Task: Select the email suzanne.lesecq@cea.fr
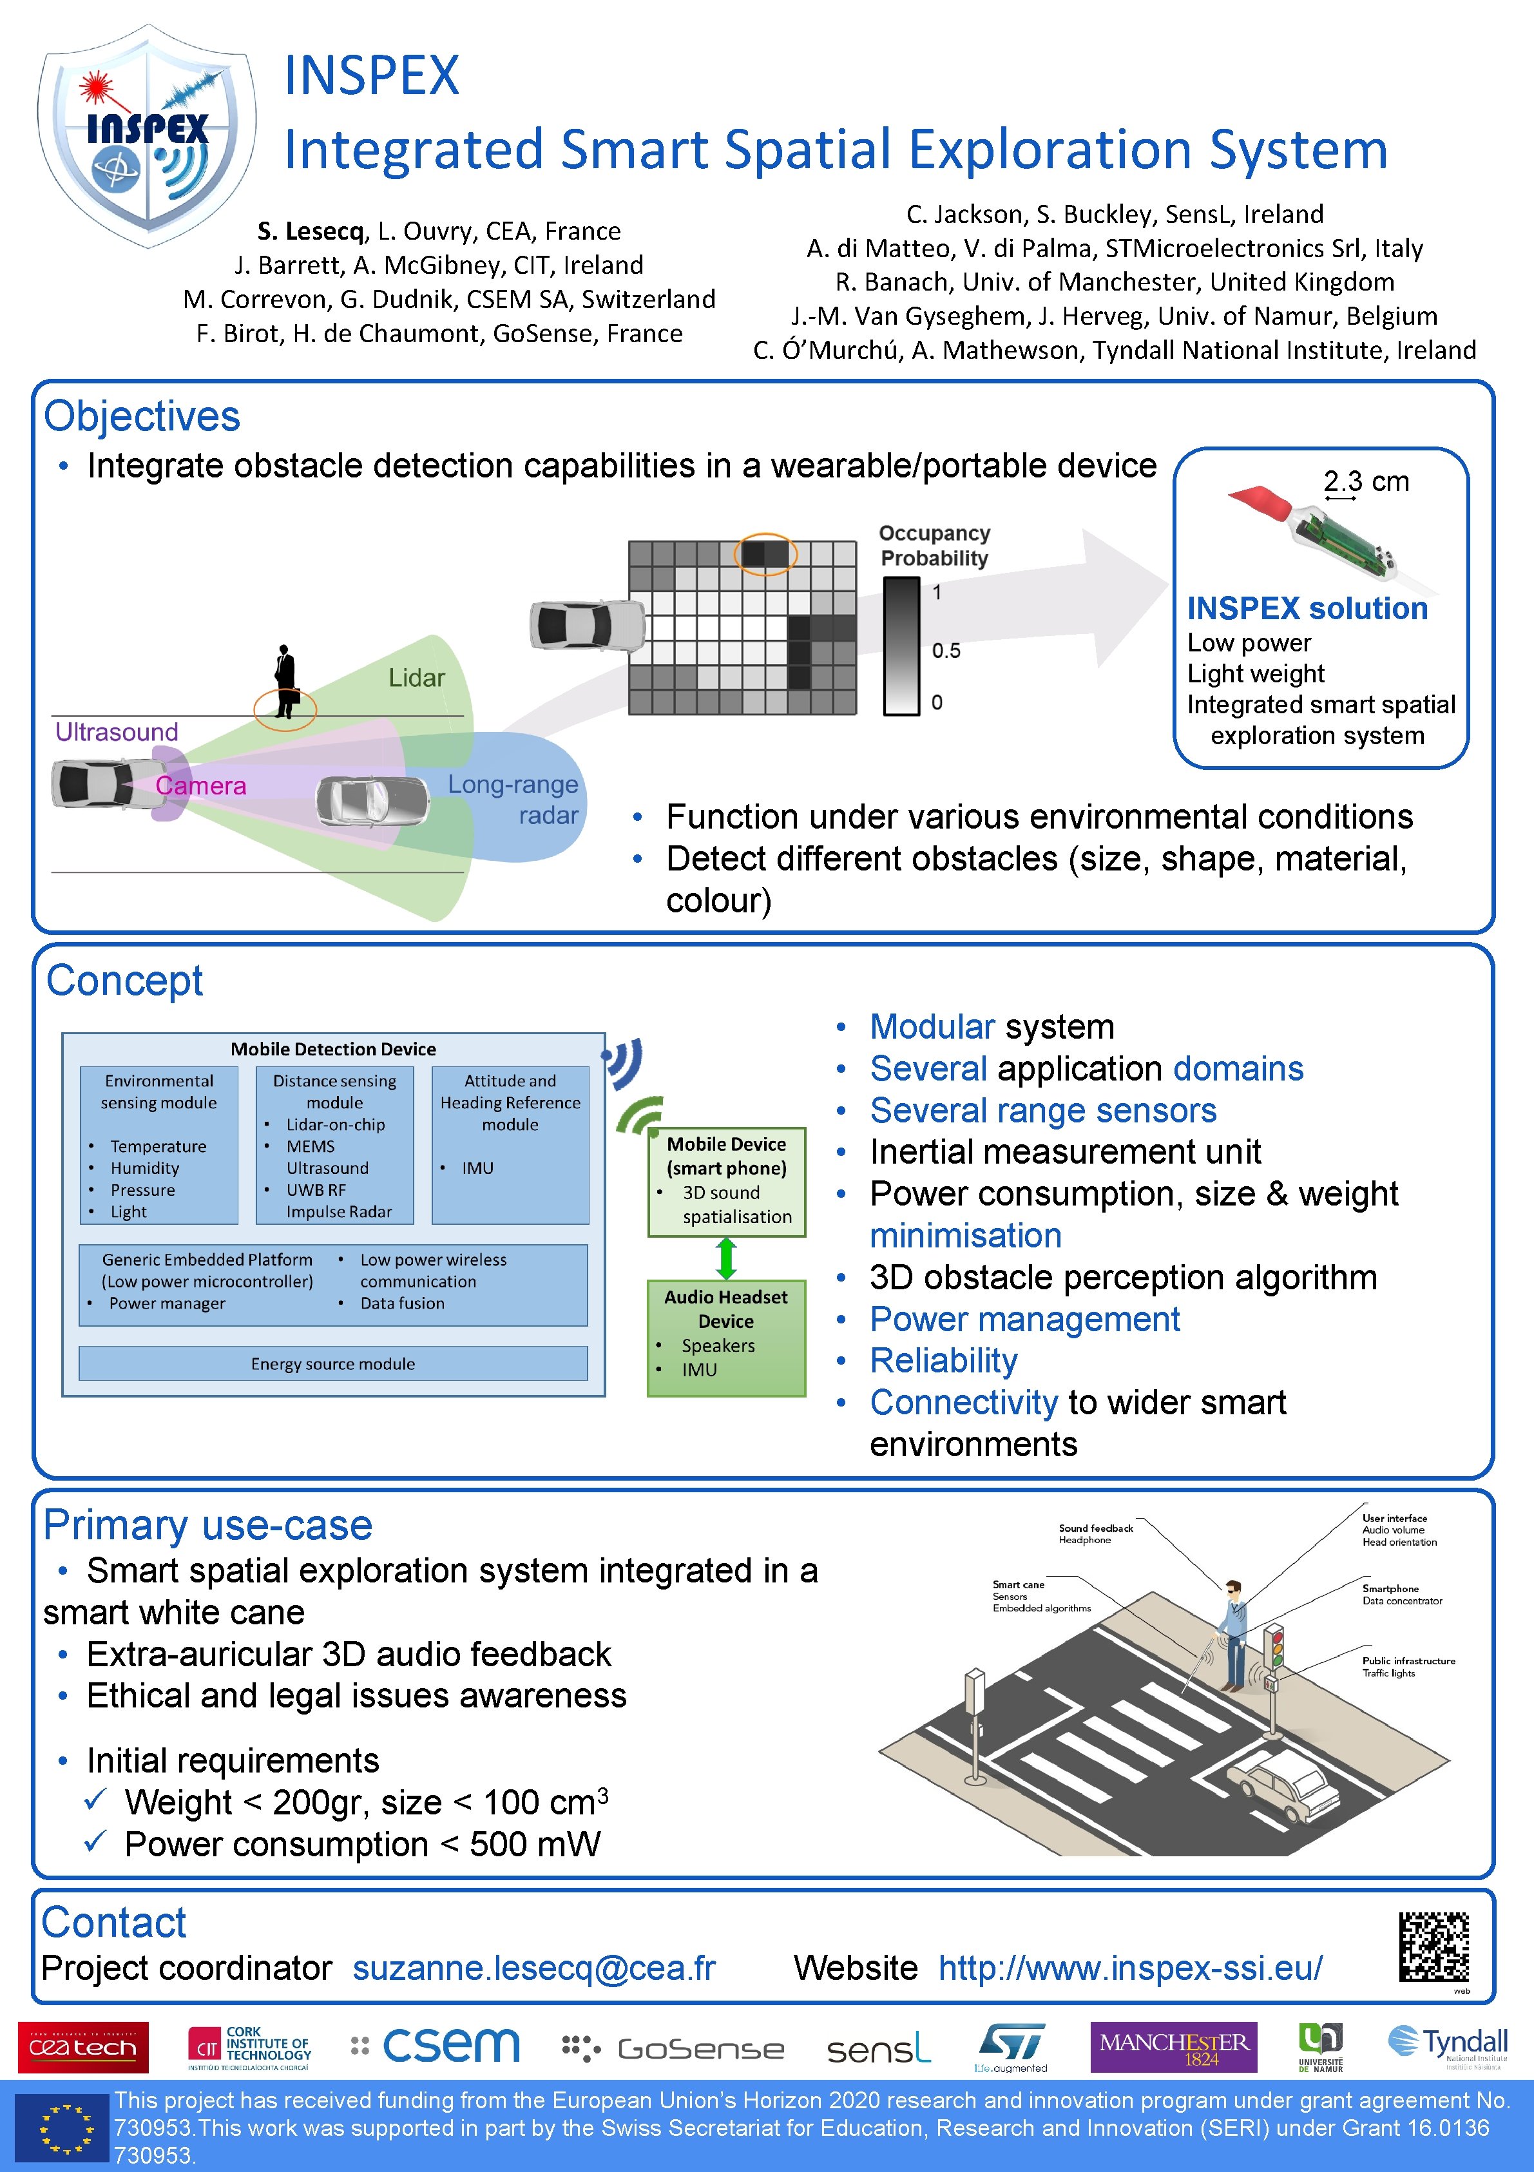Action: tap(533, 1968)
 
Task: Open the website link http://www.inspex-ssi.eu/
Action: tap(1130, 1968)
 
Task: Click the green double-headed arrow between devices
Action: tap(726, 1258)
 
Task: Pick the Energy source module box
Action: tap(333, 1363)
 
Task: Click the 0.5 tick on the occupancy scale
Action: tap(946, 651)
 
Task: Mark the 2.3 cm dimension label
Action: tap(1366, 481)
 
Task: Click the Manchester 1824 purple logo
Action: tap(1174, 2047)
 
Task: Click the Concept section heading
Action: tap(125, 981)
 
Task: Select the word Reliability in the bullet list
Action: tap(943, 1360)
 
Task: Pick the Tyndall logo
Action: tap(1447, 2046)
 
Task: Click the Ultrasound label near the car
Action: tap(117, 731)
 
